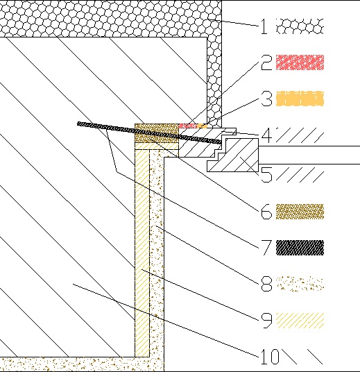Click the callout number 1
click(x=264, y=26)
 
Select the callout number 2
click(x=266, y=62)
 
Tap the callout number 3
click(x=266, y=99)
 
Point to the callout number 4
click(x=266, y=135)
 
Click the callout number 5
click(x=266, y=174)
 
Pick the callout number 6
click(x=266, y=211)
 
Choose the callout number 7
click(x=266, y=248)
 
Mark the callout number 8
click(x=266, y=283)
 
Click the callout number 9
click(x=266, y=321)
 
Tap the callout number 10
click(x=270, y=357)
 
